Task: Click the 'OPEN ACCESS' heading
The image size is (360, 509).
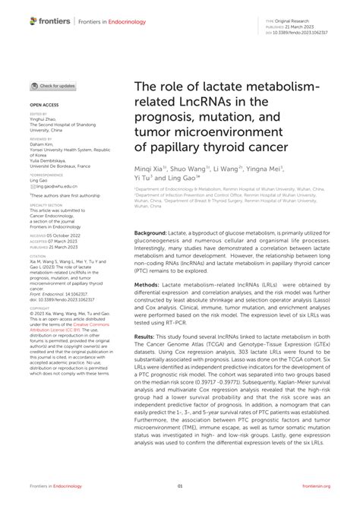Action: click(45, 103)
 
